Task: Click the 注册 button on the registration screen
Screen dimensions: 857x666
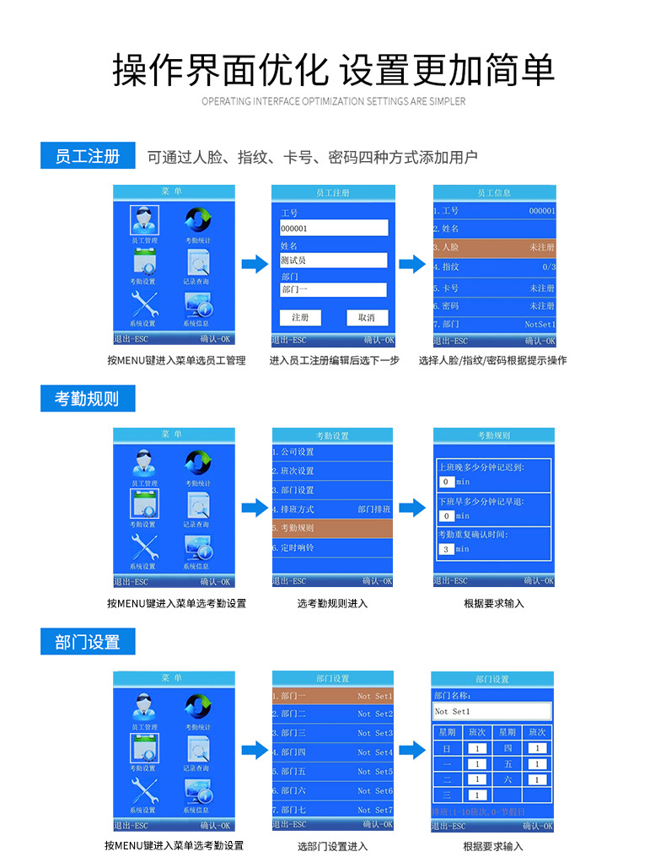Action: pos(300,318)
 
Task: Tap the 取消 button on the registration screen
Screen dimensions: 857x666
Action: pos(367,318)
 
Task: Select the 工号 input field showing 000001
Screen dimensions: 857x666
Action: pos(334,228)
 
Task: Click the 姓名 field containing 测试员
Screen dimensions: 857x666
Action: pos(334,261)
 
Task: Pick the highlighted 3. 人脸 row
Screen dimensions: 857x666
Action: pos(494,248)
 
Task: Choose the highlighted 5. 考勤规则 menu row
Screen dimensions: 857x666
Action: pos(332,528)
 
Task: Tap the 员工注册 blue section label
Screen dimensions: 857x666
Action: pos(87,156)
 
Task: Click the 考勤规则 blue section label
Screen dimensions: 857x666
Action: pos(87,399)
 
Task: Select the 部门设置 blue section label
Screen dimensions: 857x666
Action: pos(87,642)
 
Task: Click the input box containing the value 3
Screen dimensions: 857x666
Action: pos(446,549)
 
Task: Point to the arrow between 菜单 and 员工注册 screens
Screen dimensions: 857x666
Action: pos(254,265)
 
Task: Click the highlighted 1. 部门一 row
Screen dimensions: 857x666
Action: pos(332,697)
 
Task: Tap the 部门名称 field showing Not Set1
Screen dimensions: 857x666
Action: pos(492,712)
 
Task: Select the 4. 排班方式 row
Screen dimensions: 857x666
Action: pos(332,509)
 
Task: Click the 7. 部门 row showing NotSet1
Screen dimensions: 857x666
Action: pos(494,324)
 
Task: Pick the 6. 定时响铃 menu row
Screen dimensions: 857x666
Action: pos(332,547)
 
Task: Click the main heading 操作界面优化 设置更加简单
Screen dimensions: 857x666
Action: pos(333,69)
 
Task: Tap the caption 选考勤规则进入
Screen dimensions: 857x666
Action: pos(332,604)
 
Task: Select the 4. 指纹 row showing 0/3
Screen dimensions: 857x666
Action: pos(494,267)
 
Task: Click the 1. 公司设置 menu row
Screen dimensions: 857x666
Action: pos(332,452)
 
